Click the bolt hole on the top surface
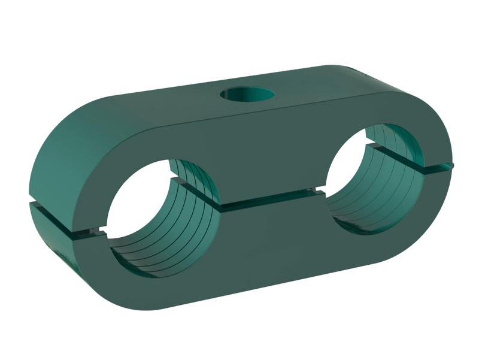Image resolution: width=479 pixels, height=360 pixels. [x=246, y=95]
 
